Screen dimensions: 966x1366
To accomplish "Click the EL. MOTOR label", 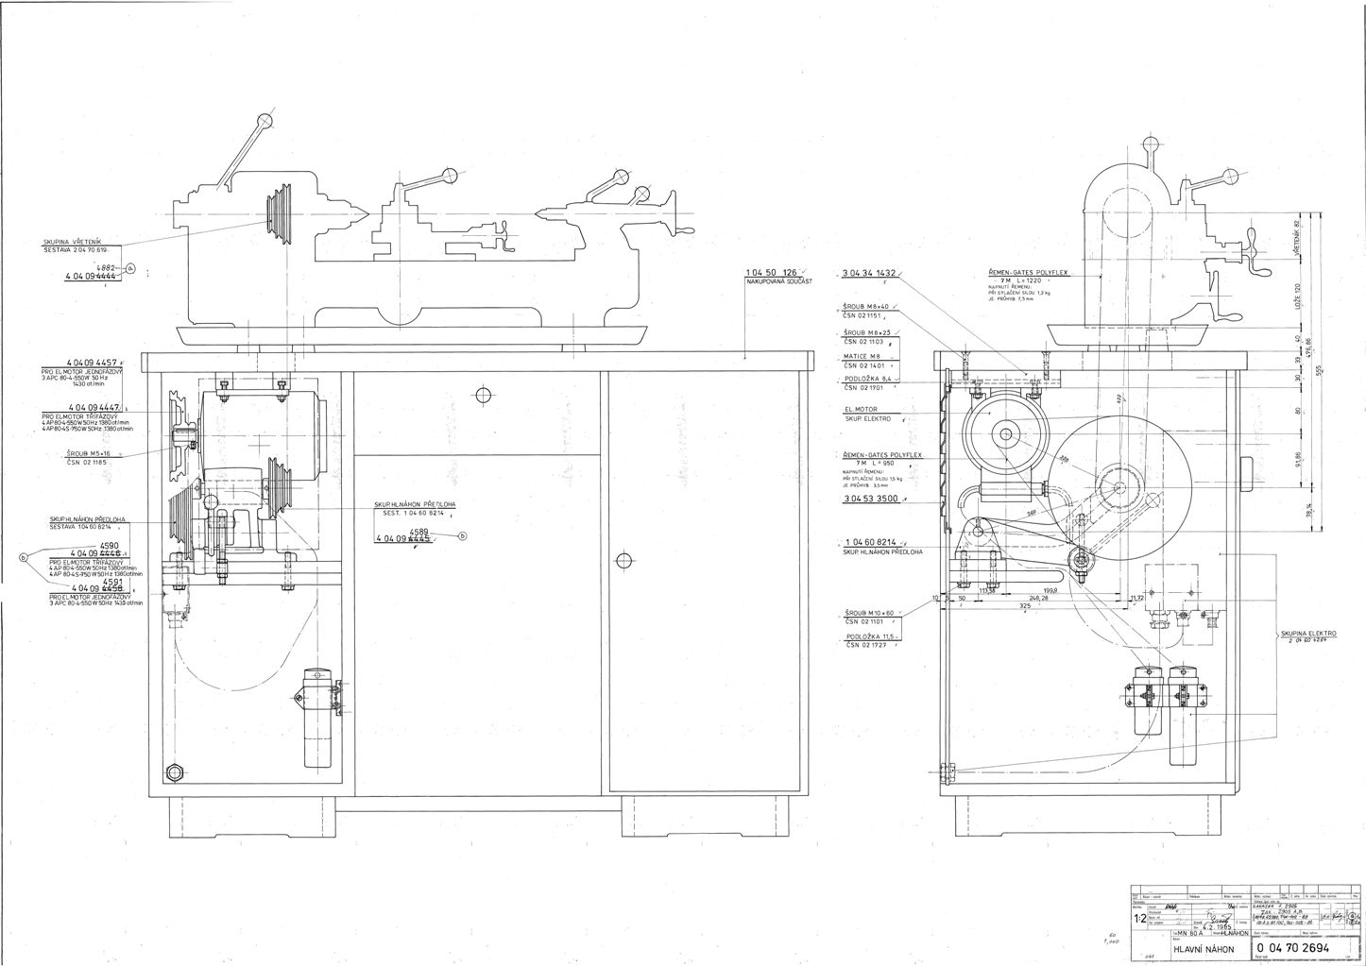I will (861, 409).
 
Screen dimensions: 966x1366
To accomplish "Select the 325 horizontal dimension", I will (1025, 605).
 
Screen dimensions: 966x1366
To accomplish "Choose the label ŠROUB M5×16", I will (75, 453).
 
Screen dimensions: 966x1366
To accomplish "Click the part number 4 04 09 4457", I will (92, 363).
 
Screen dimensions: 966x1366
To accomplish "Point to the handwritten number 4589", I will (418, 532).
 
